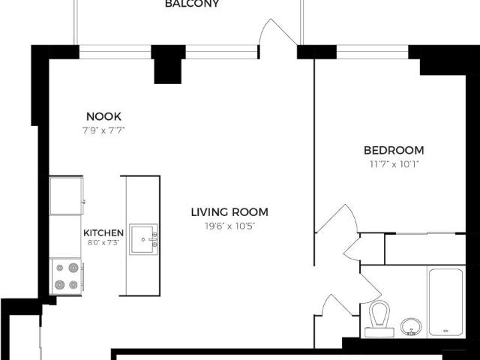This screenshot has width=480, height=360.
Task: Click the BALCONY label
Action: (x=192, y=4)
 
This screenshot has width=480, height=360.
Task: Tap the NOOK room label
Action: (x=103, y=116)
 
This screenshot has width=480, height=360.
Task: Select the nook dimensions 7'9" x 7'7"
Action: (x=103, y=130)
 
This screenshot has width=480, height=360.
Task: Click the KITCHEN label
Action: (x=103, y=232)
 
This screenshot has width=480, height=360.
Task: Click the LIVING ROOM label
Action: (x=229, y=211)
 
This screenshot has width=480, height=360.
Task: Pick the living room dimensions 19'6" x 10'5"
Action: (x=229, y=225)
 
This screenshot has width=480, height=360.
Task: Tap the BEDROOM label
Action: (x=394, y=150)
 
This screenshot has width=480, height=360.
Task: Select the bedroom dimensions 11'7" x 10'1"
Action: (x=394, y=163)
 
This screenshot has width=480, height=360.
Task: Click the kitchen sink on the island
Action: (x=142, y=239)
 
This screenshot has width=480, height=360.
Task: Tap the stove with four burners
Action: (x=66, y=275)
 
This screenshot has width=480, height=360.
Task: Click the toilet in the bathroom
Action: (x=379, y=319)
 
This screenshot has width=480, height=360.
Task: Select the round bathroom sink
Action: (x=410, y=327)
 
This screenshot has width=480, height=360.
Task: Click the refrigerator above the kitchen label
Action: (x=66, y=195)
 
